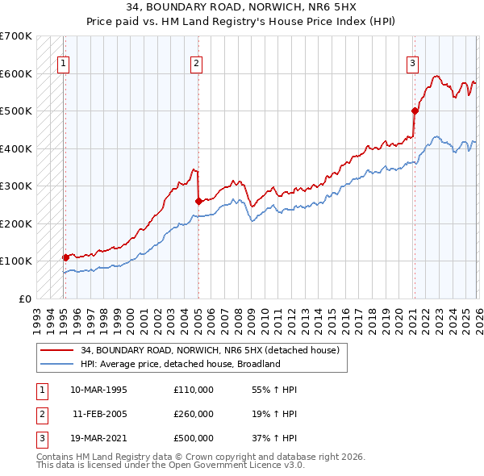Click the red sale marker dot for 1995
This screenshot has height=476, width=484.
65,257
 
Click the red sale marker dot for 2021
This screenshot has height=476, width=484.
415,111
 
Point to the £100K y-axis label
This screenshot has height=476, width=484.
16,261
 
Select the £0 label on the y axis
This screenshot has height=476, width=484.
24,299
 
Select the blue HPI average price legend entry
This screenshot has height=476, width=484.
179,364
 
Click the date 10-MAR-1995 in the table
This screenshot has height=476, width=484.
98,390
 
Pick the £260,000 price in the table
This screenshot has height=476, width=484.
193,414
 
